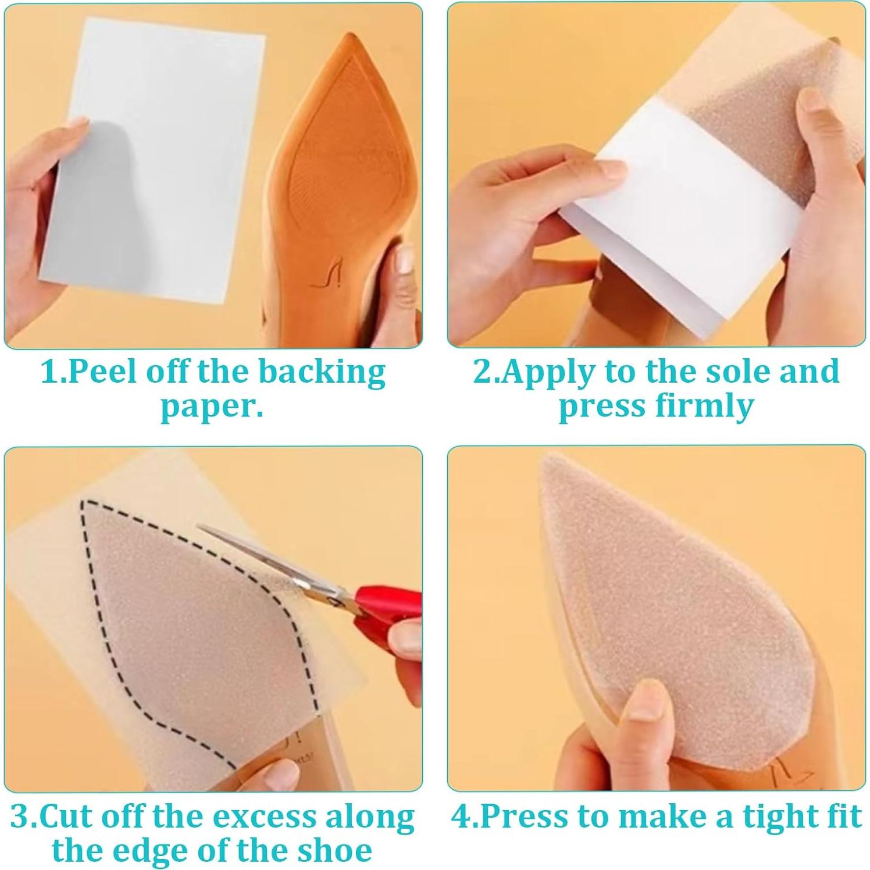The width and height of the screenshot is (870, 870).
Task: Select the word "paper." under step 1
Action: coord(212,407)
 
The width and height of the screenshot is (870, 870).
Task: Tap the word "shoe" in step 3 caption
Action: coord(334,851)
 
